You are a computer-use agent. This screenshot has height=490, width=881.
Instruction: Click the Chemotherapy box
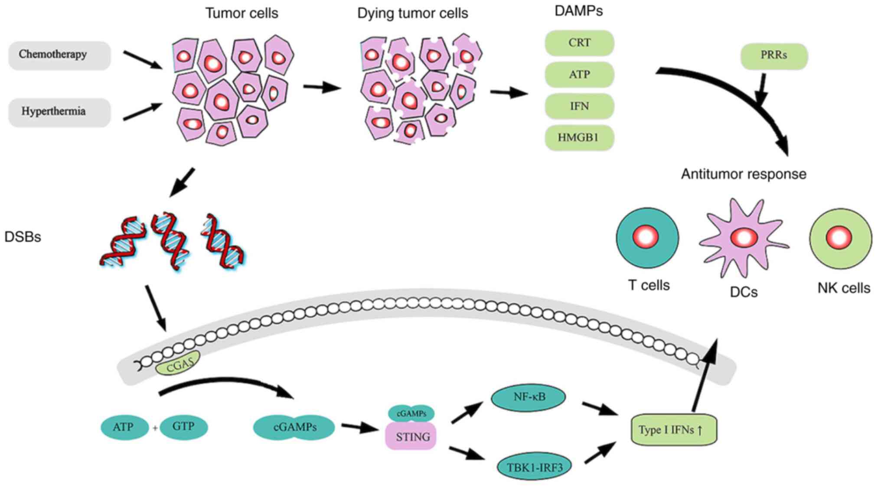coord(59,55)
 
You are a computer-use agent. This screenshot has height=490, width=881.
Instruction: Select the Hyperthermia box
coord(59,112)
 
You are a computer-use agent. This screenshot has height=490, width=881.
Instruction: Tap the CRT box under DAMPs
coord(579,43)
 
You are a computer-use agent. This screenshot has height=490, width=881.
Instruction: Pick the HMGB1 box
coord(579,138)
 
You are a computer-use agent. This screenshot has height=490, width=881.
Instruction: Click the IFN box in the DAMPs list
coord(579,106)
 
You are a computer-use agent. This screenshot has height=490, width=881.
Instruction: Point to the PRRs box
coord(774,56)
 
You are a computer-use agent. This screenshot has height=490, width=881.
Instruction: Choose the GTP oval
coord(183,427)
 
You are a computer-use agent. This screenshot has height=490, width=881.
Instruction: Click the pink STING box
coord(411,436)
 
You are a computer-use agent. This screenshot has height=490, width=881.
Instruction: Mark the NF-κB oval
coord(528,397)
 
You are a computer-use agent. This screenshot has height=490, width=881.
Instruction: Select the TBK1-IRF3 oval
coord(534,467)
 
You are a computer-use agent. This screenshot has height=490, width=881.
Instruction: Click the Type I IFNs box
coord(674,430)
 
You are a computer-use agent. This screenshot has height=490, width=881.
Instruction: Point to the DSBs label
coord(23,237)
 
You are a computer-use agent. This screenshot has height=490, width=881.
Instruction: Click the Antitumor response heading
coord(744,174)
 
